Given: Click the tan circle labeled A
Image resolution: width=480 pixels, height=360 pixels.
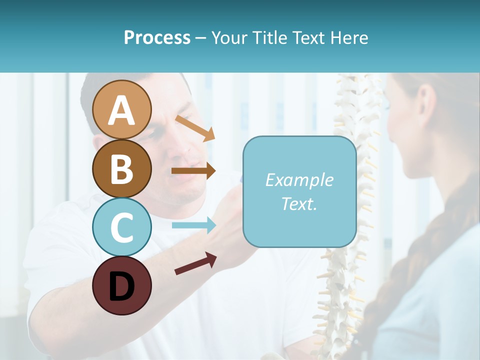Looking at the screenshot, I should click(122, 109).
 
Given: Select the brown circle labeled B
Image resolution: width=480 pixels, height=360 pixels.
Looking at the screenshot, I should click(122, 168).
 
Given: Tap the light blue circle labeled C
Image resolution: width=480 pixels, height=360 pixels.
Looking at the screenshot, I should click(122, 227).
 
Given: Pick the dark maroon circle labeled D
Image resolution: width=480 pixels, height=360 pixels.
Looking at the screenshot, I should click(122, 285).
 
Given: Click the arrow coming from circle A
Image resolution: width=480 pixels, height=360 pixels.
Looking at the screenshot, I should click(195, 128).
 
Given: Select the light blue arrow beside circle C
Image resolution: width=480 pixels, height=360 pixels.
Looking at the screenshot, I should click(193, 225).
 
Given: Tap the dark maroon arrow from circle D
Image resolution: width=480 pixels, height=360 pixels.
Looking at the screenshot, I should click(195, 263).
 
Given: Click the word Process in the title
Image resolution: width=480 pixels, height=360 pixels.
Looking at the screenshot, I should click(157, 37).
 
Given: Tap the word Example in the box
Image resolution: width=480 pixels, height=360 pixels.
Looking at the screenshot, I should click(299, 180).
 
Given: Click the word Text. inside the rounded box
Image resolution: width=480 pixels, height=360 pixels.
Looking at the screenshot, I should click(299, 203).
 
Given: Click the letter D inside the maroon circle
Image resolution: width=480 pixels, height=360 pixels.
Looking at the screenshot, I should click(122, 286).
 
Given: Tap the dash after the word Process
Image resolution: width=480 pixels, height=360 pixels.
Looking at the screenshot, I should click(200, 38).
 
